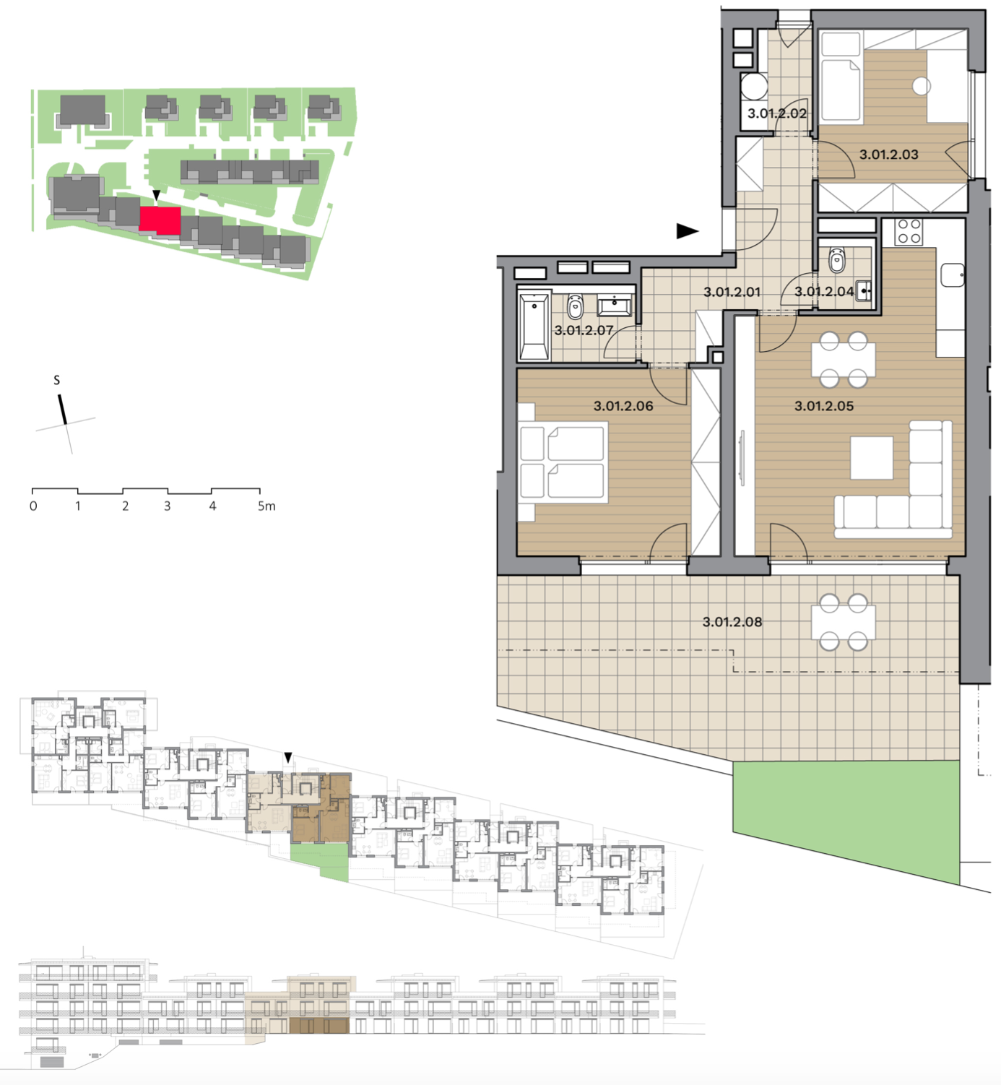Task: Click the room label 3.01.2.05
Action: click(x=823, y=406)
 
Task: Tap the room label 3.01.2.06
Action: click(x=623, y=406)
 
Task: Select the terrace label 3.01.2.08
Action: click(x=732, y=622)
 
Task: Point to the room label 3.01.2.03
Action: click(x=888, y=155)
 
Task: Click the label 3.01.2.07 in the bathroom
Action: click(x=584, y=331)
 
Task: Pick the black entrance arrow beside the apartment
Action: click(x=688, y=231)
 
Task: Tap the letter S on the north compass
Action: click(x=56, y=380)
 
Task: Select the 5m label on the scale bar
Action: click(x=266, y=506)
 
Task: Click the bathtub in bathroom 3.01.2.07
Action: click(x=534, y=327)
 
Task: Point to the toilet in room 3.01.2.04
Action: click(x=836, y=260)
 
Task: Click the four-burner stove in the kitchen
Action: click(x=909, y=232)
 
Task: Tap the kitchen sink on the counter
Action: click(x=953, y=275)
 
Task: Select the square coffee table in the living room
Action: click(x=872, y=458)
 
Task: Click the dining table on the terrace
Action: click(x=843, y=622)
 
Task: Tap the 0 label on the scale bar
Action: click(x=33, y=506)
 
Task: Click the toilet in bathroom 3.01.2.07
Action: click(x=576, y=308)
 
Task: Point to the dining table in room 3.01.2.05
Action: click(x=843, y=360)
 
